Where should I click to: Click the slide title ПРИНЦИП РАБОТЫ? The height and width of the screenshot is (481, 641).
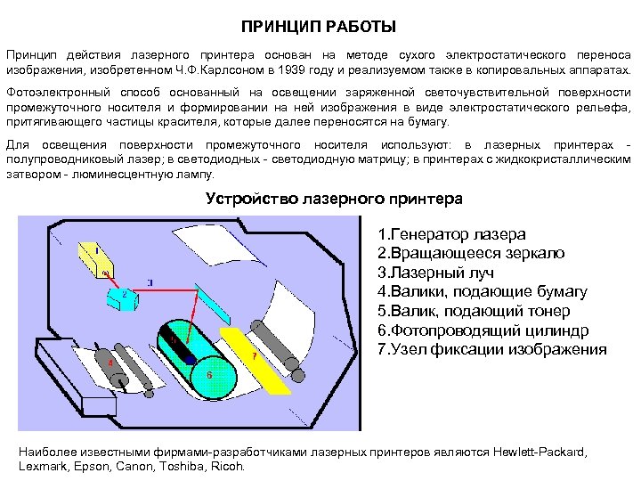319,29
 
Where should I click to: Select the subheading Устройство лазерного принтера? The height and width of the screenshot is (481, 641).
334,198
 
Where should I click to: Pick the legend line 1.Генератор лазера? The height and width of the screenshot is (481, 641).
451,234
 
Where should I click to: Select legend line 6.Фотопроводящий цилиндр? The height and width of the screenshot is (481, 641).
483,330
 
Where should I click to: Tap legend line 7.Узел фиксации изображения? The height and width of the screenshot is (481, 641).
492,349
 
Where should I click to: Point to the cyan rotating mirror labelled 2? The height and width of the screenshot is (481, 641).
126,296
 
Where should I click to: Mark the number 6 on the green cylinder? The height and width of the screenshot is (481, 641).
209,375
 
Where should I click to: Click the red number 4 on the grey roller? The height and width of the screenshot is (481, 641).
110,363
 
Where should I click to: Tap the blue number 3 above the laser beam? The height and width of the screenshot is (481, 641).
150,282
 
